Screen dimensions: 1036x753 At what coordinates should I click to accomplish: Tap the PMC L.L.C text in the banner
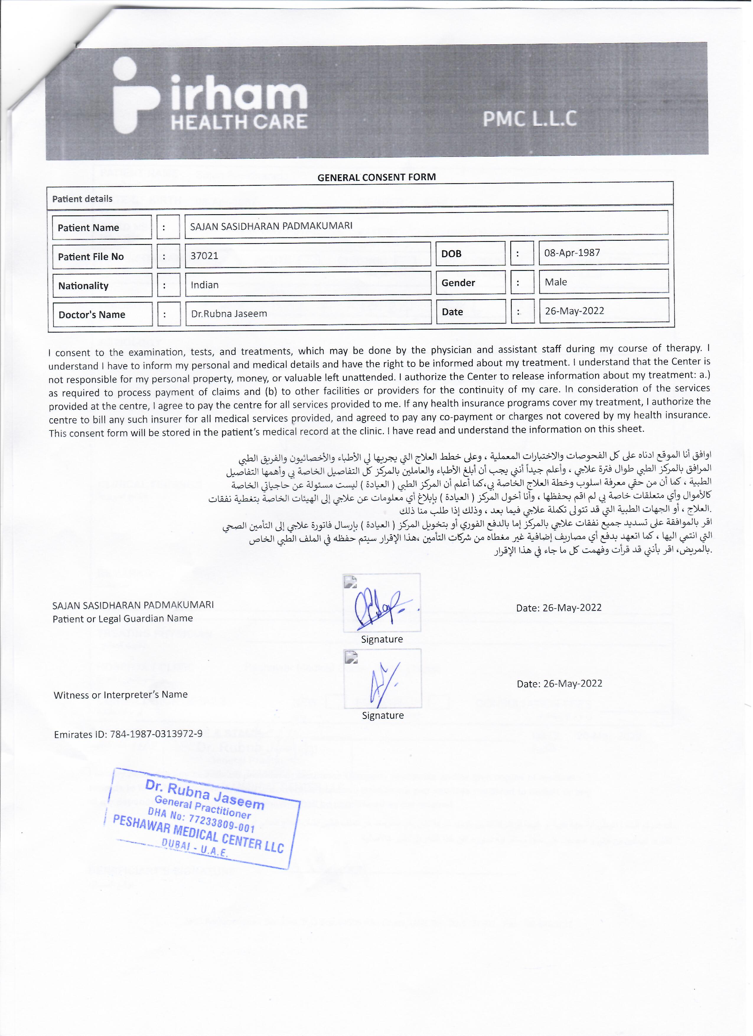pos(530,119)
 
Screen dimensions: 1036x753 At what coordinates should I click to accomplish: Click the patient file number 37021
pos(204,256)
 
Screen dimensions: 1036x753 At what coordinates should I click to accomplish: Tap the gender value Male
pos(556,282)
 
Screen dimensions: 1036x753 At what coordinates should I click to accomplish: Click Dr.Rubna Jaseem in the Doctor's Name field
pos(229,314)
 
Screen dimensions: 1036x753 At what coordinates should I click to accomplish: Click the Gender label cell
pos(458,283)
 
